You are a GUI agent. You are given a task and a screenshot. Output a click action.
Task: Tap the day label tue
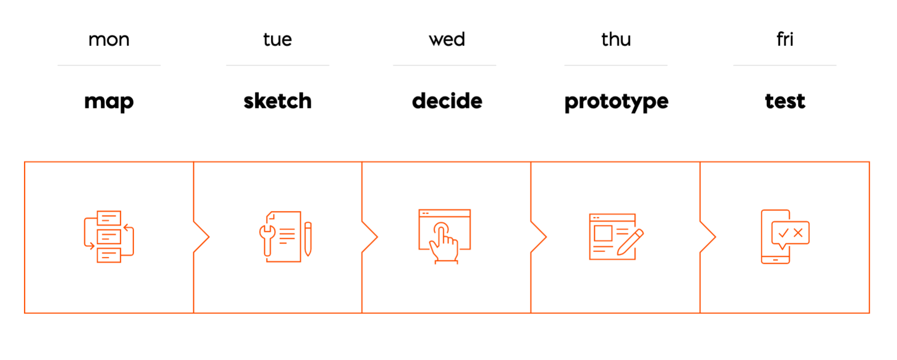[x=278, y=40]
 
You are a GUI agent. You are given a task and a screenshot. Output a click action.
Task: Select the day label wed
[x=447, y=39]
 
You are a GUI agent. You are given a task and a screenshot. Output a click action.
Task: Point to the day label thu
[x=616, y=39]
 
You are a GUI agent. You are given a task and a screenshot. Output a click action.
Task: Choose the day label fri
[x=785, y=39]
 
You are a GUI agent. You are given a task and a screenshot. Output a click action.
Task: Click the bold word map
[x=109, y=102]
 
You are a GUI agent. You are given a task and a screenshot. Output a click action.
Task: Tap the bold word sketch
[x=278, y=100]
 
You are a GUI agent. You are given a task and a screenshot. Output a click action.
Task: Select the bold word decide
[x=447, y=100]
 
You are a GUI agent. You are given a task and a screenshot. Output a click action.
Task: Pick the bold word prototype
[x=616, y=102]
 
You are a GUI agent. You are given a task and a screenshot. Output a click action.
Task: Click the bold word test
[x=785, y=101]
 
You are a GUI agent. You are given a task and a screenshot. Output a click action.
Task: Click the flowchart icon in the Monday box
[x=109, y=236]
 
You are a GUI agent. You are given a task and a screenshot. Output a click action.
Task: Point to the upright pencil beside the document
[x=308, y=239]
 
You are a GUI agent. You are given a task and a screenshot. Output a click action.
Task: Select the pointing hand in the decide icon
[x=443, y=243]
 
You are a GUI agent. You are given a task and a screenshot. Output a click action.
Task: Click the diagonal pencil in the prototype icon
[x=630, y=242]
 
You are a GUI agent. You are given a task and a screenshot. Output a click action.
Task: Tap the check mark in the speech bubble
[x=783, y=233]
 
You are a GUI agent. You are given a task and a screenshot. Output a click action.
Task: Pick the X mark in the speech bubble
[x=798, y=233]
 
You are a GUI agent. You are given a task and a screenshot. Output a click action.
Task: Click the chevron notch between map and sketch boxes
[x=201, y=237]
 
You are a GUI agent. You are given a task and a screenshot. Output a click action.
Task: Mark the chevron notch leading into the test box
[x=708, y=237]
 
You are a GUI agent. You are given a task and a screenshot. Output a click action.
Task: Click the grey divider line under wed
[x=444, y=65]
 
